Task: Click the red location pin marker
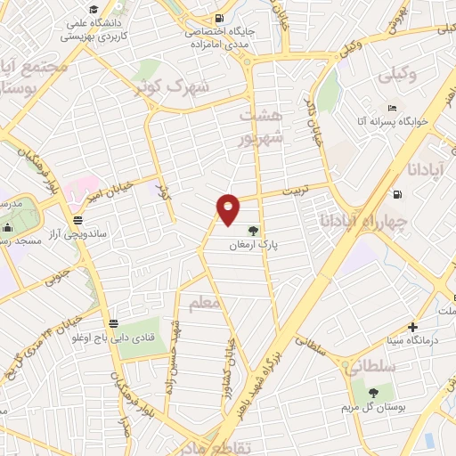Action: point(230,208)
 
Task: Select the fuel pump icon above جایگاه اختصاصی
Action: point(219,17)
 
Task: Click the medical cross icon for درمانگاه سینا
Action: point(411,328)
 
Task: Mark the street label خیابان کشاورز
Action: point(231,360)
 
